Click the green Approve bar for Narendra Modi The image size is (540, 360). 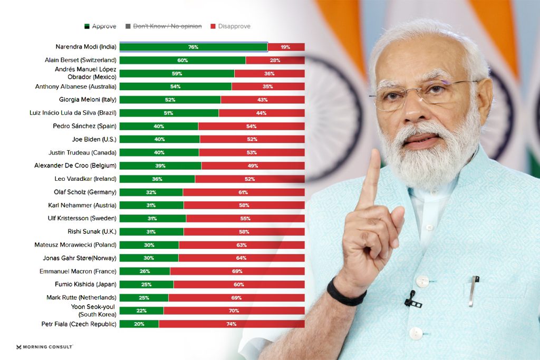[193, 47]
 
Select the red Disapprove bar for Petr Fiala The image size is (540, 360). [232, 324]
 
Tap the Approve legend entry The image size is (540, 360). [101, 26]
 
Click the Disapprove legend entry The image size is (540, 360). [230, 26]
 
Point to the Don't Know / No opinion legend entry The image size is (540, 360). [163, 26]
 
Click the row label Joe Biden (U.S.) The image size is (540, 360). [94, 139]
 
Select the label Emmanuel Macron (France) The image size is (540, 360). [78, 271]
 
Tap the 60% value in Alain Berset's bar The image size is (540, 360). [182, 60]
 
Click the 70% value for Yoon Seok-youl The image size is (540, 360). [234, 310]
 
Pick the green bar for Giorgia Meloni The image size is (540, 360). [170, 100]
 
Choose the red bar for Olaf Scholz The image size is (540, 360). [243, 192]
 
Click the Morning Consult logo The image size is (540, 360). [44, 347]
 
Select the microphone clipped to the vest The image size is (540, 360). [411, 300]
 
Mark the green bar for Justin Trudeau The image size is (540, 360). [159, 152]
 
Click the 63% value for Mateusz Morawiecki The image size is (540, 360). [242, 245]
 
